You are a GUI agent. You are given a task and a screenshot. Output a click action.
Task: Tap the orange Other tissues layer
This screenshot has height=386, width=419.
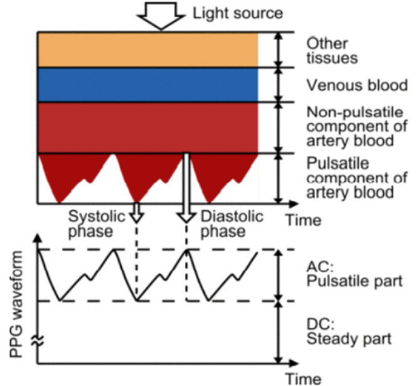click(148, 50)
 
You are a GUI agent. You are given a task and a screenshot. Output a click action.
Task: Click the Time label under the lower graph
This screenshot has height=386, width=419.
click(304, 378)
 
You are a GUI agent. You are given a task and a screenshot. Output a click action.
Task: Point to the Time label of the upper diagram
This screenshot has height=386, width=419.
click(304, 220)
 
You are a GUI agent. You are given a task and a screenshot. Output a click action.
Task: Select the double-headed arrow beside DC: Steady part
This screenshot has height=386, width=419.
click(278, 332)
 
